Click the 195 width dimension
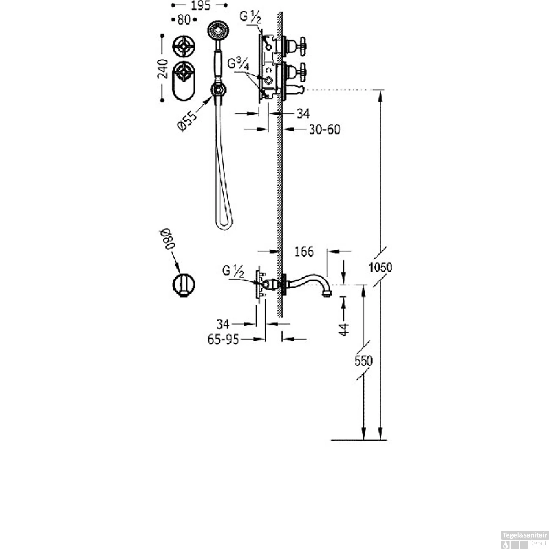201,5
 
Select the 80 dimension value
184,19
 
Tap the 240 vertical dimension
163,68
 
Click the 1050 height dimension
380,267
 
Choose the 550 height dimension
363,361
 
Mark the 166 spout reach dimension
304,251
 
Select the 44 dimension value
344,329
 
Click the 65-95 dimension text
223,340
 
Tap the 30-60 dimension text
325,129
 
